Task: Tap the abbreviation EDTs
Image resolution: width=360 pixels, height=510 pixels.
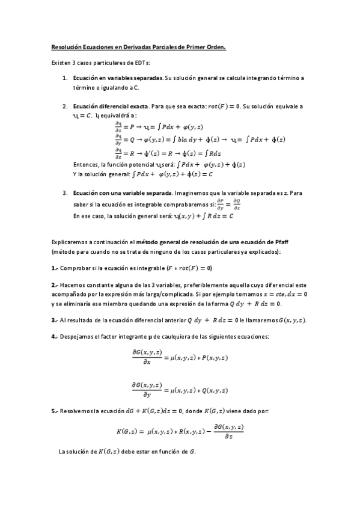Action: [x=141, y=63]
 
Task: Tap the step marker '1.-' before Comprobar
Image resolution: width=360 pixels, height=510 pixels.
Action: [x=54, y=268]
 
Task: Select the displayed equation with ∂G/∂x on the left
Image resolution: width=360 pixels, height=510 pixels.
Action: [x=180, y=357]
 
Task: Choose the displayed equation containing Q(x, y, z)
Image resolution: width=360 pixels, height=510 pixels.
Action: [x=180, y=390]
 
